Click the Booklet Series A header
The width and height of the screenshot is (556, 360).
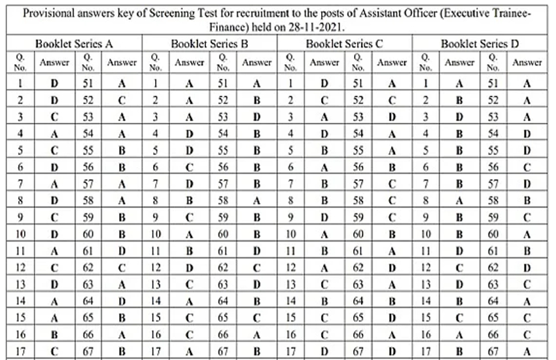pyautogui.click(x=74, y=45)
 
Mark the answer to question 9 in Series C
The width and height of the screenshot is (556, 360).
pyautogui.click(x=324, y=217)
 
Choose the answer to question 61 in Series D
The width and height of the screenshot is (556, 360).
pyautogui.click(x=527, y=250)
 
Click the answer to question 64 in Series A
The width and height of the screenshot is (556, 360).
pyautogui.click(x=122, y=300)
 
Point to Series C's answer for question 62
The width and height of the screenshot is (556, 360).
pyautogui.click(x=392, y=267)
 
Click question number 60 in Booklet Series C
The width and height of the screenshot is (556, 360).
pyautogui.click(x=358, y=234)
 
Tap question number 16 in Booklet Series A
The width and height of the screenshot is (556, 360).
pyautogui.click(x=21, y=334)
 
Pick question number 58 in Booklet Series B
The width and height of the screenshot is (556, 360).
pyautogui.click(x=223, y=200)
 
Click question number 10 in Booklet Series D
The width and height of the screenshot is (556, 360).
pyautogui.click(x=426, y=234)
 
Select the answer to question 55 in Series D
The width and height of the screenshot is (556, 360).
pyautogui.click(x=527, y=150)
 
